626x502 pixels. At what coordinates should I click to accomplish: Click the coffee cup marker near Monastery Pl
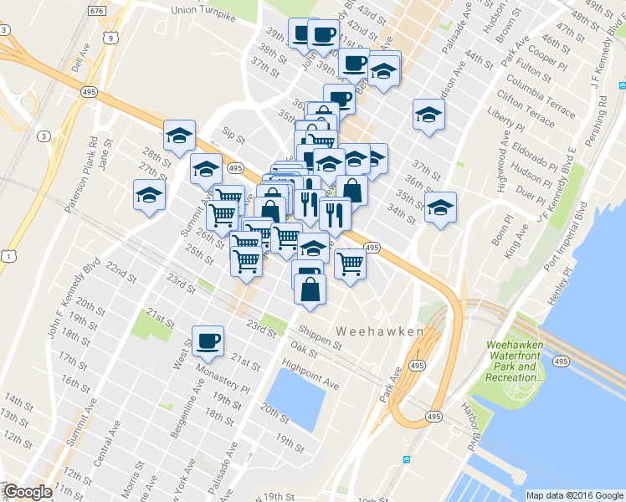pyautogui.click(x=208, y=341)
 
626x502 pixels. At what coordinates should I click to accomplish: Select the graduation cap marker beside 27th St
pyautogui.click(x=150, y=195)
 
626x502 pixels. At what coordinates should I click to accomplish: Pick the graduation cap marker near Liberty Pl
pyautogui.click(x=428, y=115)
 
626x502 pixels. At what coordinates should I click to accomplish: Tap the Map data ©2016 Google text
pyautogui.click(x=574, y=495)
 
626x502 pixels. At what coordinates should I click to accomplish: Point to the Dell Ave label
pyautogui.click(x=78, y=61)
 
